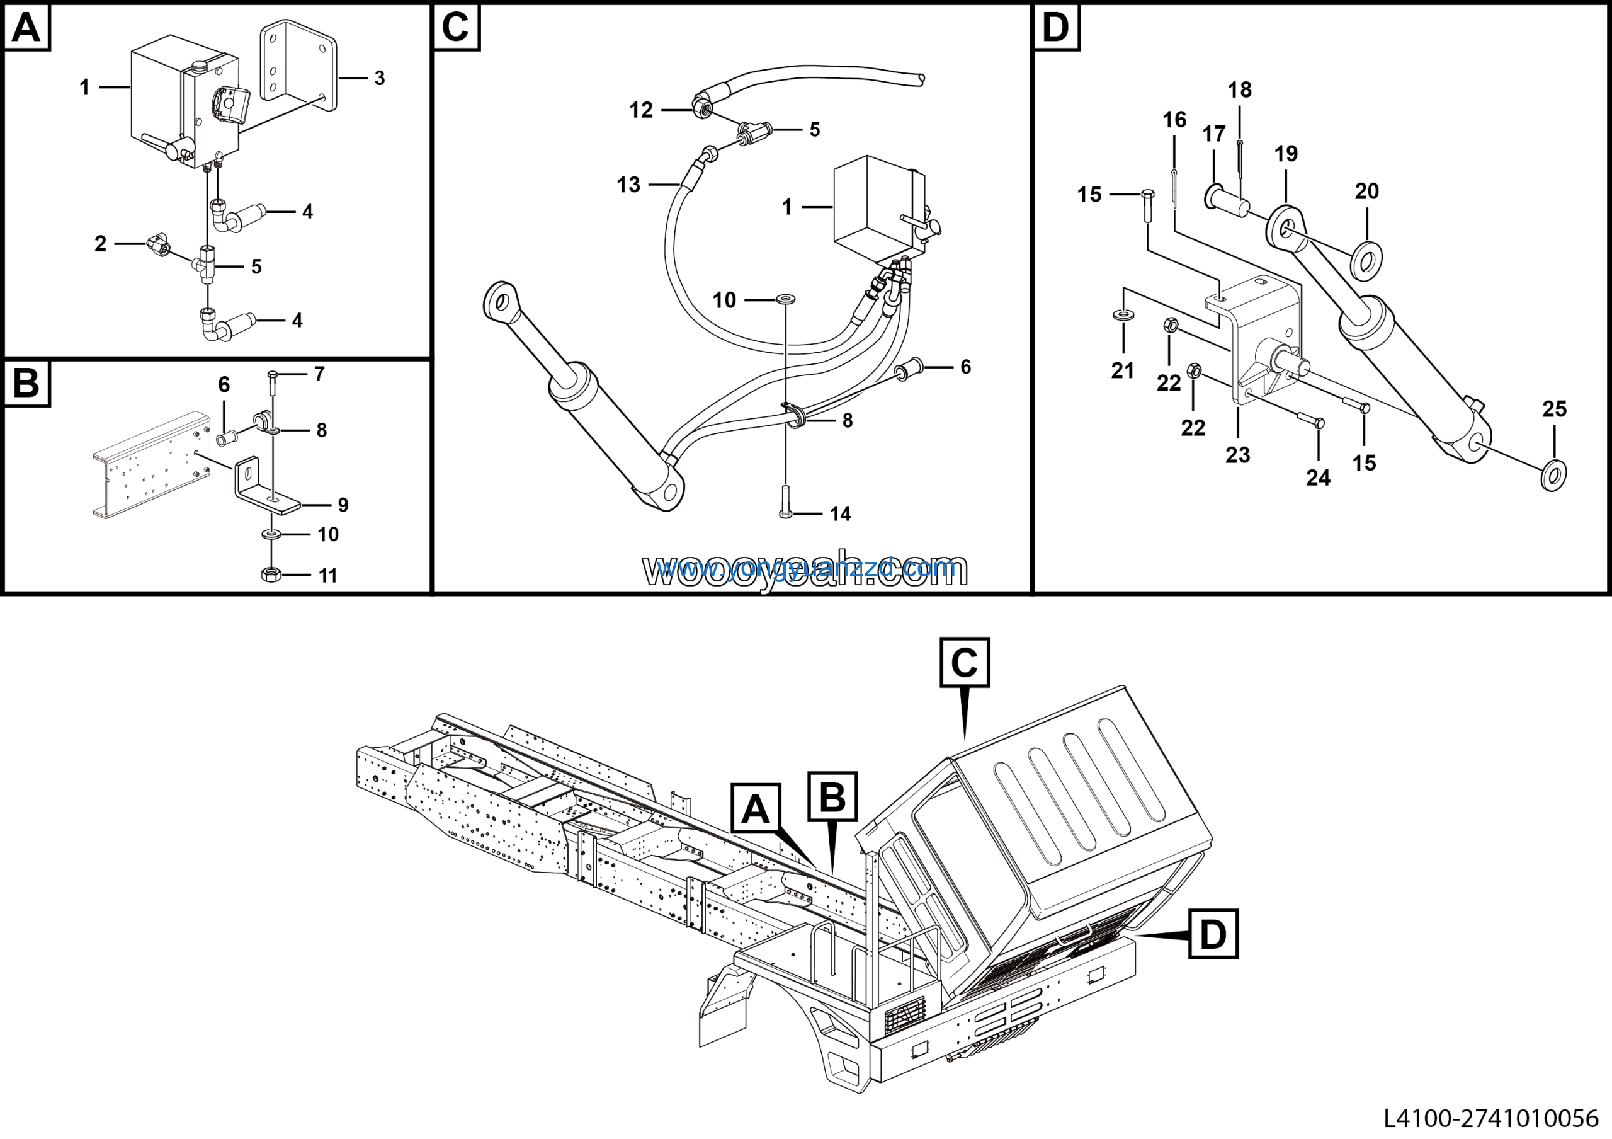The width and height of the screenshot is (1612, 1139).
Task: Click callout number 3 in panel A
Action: [379, 78]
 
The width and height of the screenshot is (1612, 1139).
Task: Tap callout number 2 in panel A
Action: [100, 244]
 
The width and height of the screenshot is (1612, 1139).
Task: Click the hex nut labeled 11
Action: [271, 575]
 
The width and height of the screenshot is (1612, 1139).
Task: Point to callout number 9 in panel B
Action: [343, 505]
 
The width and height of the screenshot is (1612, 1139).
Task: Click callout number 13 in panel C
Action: [628, 185]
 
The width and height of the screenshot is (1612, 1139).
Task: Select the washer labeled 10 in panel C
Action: [786, 300]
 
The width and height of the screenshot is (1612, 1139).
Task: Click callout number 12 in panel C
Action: [640, 110]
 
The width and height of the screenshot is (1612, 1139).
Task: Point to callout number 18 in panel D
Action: [1239, 90]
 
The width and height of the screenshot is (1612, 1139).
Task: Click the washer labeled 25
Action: [1553, 476]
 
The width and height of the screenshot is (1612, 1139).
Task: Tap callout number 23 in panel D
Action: [1238, 455]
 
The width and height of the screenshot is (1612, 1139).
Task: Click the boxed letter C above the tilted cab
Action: [964, 662]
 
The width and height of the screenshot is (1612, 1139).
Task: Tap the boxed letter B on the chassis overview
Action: [832, 797]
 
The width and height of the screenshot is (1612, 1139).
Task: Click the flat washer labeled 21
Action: [1123, 314]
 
